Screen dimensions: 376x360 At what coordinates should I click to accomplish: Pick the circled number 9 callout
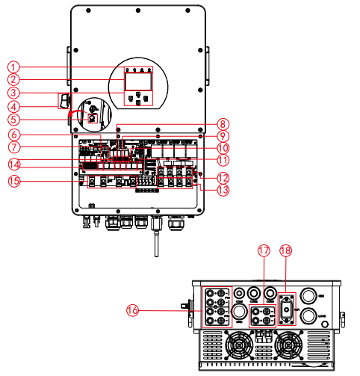(x=223, y=135)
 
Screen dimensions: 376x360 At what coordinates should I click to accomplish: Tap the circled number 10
(x=223, y=147)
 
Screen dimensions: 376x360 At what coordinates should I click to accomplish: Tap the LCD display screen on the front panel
(x=136, y=80)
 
